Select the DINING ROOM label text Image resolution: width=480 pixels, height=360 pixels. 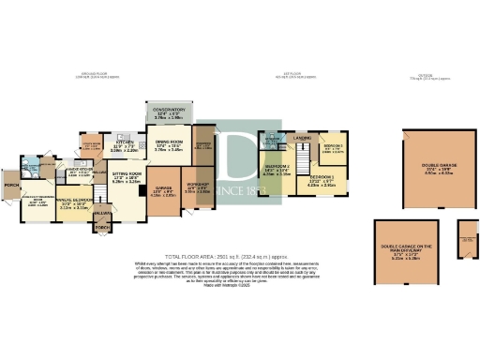[169, 144]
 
